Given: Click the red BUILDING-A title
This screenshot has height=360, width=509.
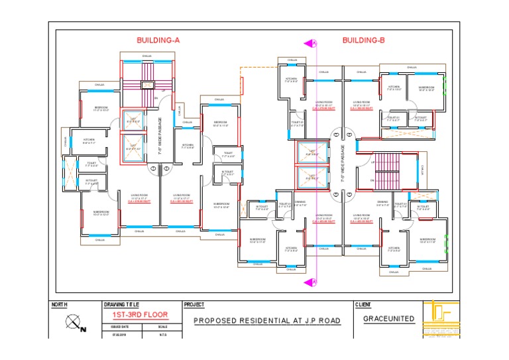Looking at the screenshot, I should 158,40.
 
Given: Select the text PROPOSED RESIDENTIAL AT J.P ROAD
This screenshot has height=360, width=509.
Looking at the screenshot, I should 266,321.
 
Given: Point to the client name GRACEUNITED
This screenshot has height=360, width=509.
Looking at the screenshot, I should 389,319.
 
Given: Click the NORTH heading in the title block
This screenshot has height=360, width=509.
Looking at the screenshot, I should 60,304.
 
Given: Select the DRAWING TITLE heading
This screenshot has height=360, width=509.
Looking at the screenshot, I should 122,304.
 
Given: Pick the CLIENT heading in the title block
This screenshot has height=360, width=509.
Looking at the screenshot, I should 363,304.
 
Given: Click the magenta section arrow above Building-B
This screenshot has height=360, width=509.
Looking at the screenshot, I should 310,44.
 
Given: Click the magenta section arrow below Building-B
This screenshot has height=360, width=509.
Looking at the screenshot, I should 310,282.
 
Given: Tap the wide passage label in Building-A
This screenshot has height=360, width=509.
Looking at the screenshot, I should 160,136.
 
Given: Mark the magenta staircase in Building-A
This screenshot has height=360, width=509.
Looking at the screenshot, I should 146,84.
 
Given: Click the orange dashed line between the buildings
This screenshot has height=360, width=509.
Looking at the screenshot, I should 258,67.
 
